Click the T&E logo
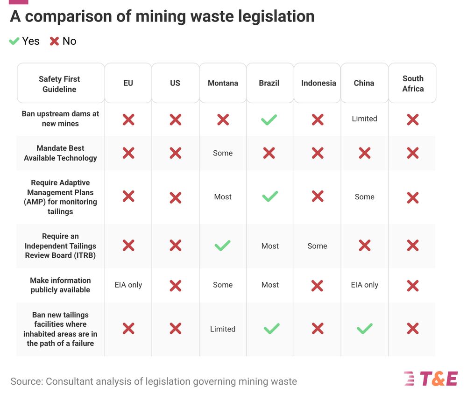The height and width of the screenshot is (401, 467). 431,379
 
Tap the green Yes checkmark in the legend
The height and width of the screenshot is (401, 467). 14,41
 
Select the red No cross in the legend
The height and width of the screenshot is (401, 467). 55,41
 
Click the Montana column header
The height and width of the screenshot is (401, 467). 223,83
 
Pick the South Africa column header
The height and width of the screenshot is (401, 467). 413,83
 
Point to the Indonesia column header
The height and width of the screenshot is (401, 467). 318,83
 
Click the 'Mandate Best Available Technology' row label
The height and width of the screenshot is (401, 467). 60,153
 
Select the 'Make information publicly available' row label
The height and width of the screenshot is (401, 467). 60,285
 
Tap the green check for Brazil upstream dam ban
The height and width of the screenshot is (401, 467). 269,120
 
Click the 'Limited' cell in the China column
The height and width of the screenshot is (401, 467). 364,119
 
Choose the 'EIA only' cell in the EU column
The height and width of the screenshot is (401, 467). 128,285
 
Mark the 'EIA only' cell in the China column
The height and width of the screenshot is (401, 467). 364,285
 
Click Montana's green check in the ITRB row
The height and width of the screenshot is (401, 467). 222,246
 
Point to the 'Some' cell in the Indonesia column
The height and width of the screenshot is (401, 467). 317,246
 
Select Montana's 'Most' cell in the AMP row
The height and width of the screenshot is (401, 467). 223,197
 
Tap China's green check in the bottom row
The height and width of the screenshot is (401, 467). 364,329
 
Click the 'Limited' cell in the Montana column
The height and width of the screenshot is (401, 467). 223,329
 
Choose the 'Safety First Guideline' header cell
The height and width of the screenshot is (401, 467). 59,84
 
